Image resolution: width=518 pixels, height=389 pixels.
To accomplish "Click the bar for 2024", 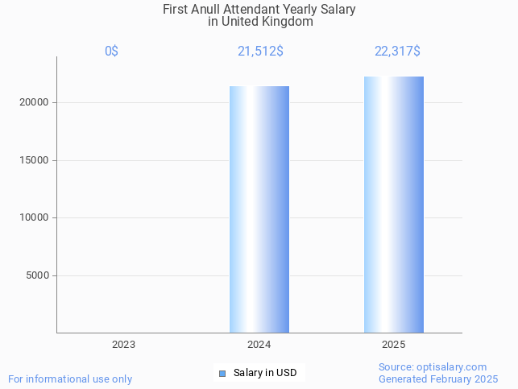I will [x=259, y=209].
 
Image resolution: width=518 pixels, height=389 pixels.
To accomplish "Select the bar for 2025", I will [x=394, y=205].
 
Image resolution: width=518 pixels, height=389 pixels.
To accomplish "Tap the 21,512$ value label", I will [x=259, y=51].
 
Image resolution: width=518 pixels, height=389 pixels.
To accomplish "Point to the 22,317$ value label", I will [x=397, y=51].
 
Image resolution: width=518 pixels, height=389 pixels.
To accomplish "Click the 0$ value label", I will [x=111, y=51].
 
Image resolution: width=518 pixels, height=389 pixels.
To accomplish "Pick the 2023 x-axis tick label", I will [x=123, y=344].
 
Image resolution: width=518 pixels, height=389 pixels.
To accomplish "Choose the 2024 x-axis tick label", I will [x=259, y=344].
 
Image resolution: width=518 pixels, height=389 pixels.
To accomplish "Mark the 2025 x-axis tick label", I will [x=394, y=344].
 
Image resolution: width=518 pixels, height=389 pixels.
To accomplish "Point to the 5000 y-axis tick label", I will [x=38, y=275].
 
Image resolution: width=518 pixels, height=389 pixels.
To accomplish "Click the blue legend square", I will [x=222, y=373].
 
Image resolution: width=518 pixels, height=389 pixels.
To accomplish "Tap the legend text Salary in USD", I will [x=265, y=373].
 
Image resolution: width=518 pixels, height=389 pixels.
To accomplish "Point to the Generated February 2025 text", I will [x=438, y=379].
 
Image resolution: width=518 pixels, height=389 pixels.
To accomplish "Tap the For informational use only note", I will [x=70, y=379].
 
